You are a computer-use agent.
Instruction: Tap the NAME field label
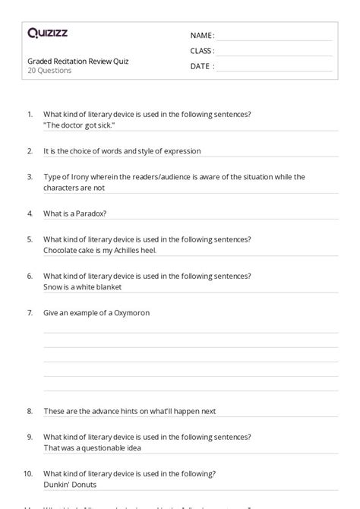pos(201,35)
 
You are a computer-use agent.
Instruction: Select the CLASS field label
pos(202,51)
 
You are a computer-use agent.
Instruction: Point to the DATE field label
pos(201,66)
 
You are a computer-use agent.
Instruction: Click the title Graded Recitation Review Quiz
pos(77,61)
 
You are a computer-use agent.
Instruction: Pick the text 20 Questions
pos(49,71)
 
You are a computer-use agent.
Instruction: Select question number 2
pos(30,150)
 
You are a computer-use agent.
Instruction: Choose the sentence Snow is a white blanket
pos(82,287)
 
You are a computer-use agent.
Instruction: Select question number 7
pos(30,312)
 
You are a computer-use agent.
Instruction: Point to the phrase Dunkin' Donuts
pos(70,484)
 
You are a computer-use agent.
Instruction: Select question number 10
pos(28,473)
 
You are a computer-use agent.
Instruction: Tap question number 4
pos(30,213)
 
